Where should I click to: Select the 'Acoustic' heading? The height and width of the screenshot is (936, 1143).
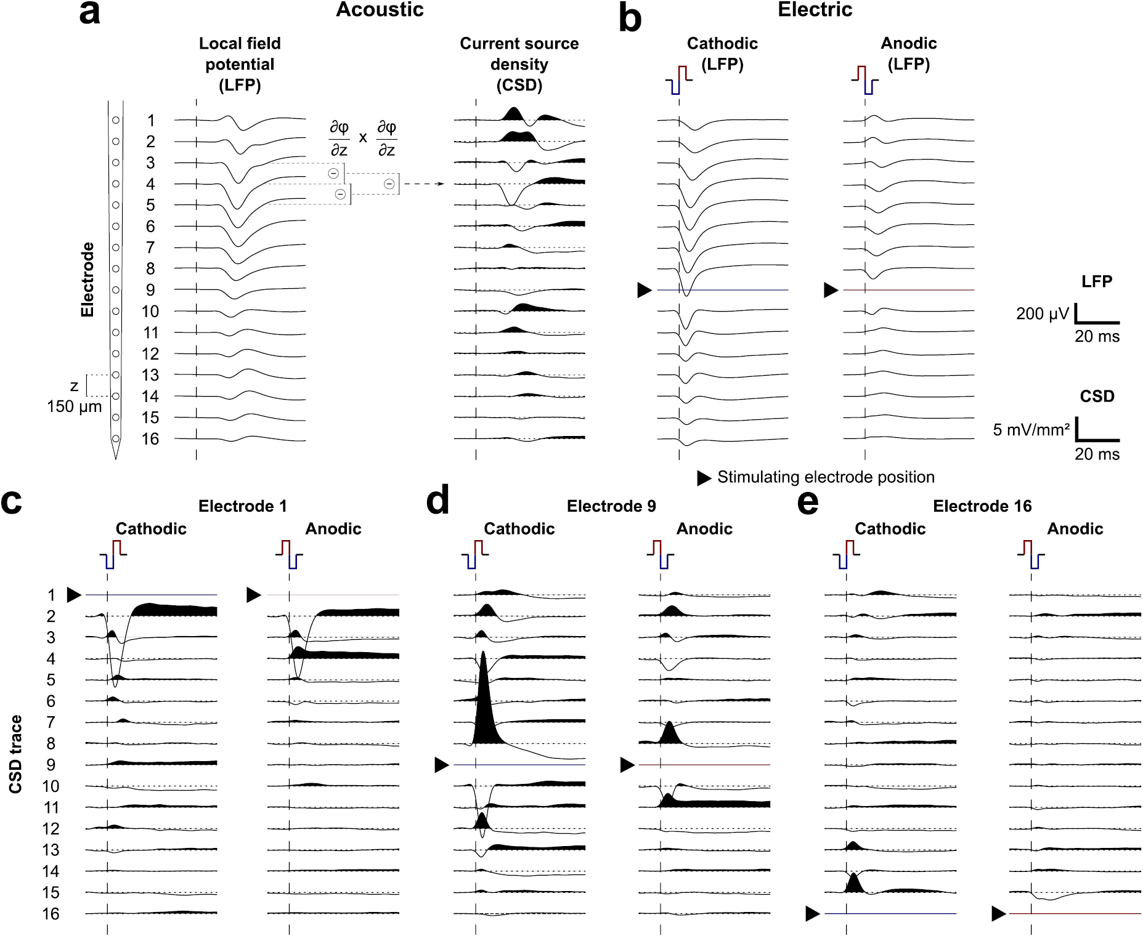tap(380, 9)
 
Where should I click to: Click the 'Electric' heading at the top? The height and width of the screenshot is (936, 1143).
tap(815, 9)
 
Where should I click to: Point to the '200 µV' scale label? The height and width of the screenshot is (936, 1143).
tap(1043, 314)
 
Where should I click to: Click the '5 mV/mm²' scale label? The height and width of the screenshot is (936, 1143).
tap(1031, 429)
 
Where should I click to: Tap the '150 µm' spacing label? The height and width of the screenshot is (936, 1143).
tap(75, 406)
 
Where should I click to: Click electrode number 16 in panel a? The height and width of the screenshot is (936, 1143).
tap(150, 439)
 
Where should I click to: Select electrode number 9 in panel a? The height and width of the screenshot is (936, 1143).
tap(150, 290)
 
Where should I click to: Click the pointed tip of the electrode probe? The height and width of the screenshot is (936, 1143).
tap(116, 458)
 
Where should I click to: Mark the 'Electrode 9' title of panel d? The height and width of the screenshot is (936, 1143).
tap(611, 506)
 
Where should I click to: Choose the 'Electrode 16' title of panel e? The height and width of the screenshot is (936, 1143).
tap(982, 506)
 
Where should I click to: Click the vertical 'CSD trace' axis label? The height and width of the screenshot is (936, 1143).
tap(15, 754)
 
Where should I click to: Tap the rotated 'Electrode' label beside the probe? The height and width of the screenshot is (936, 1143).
tap(87, 280)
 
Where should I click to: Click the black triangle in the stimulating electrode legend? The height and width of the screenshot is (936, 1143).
tap(704, 478)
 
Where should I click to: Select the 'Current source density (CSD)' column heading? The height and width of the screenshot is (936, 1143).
tap(519, 64)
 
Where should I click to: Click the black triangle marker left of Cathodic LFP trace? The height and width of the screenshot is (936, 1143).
tap(645, 290)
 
